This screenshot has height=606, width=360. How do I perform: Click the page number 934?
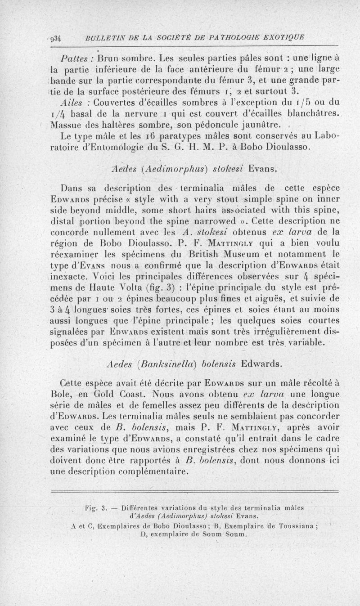[x=57, y=37]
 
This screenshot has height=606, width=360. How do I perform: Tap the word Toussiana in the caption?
[x=295, y=525]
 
